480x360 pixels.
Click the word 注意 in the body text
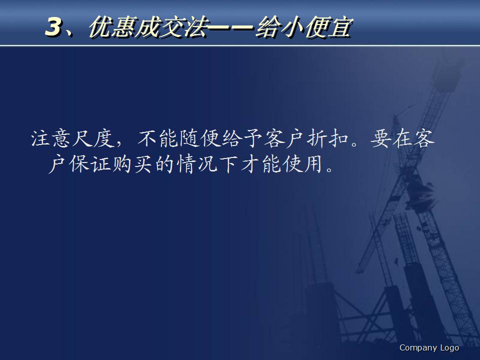[x=52, y=140]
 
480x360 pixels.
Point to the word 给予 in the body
[x=245, y=140]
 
